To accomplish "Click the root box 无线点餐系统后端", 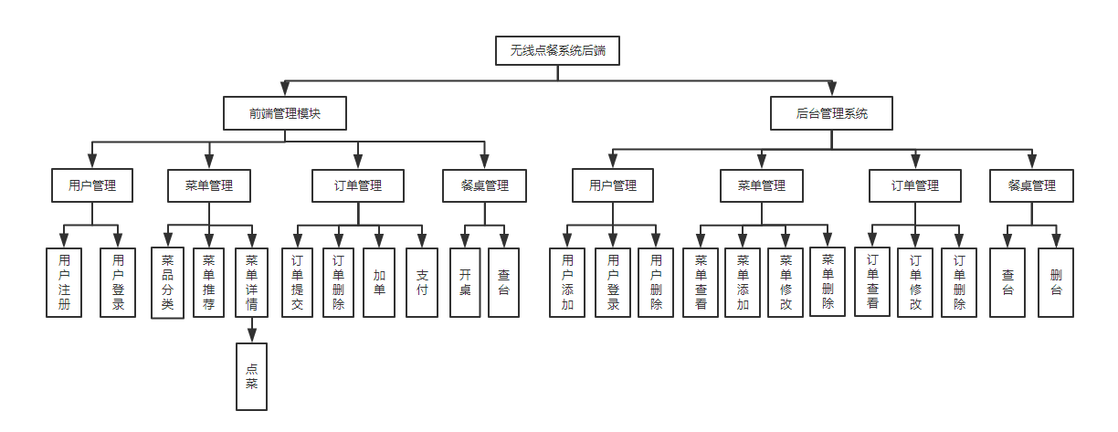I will (x=557, y=51).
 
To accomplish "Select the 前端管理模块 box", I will (x=284, y=114).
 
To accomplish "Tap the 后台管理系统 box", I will (x=831, y=114).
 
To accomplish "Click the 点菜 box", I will (x=251, y=376).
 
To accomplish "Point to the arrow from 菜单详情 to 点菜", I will (x=251, y=330).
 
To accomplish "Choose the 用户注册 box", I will (x=64, y=281).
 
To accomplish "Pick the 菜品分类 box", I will (x=168, y=281).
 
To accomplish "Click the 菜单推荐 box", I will (x=209, y=281).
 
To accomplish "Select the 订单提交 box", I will (x=296, y=281).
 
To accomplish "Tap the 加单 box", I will (x=379, y=281).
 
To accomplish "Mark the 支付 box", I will (x=422, y=281).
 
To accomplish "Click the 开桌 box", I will (x=465, y=281).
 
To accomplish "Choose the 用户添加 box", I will (x=567, y=281).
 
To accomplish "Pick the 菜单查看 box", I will (x=701, y=281).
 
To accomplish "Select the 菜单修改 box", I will (x=786, y=281).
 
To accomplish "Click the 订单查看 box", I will (x=872, y=281).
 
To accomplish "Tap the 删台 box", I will (x=1056, y=281).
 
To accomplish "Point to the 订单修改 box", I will (x=915, y=281).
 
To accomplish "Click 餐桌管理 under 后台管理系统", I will (x=1032, y=185).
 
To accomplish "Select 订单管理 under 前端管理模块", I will (x=358, y=185).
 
